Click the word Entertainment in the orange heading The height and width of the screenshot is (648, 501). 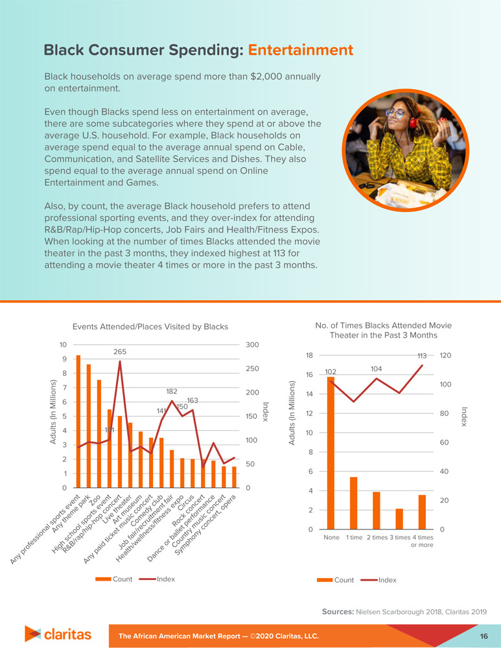pyautogui.click(x=300, y=51)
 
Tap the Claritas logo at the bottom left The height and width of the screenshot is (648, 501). pyautogui.click(x=58, y=633)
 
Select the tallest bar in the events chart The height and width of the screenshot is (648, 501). pyautogui.click(x=78, y=421)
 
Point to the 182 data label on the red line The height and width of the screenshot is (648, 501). pyautogui.click(x=172, y=391)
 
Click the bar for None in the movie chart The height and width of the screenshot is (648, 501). pyautogui.click(x=331, y=453)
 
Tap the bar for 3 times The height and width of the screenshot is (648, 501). pyautogui.click(x=399, y=519)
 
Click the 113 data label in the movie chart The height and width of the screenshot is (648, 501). pyautogui.click(x=422, y=356)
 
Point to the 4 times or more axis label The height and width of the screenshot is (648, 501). pyautogui.click(x=423, y=541)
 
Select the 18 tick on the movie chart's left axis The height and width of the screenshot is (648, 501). pyautogui.click(x=309, y=355)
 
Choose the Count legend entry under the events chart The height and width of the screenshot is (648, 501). pyautogui.click(x=122, y=577)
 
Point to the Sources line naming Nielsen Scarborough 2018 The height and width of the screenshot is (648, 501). pyautogui.click(x=403, y=612)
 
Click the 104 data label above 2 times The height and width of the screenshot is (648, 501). pyautogui.click(x=377, y=368)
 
